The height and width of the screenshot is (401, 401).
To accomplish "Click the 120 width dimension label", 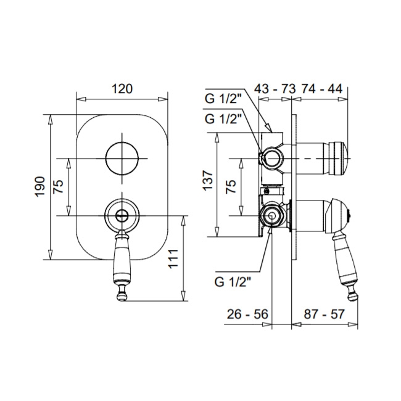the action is click(122, 89).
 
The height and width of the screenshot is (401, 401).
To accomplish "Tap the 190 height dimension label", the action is click(40, 186).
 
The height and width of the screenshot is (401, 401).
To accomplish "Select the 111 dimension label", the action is click(173, 258).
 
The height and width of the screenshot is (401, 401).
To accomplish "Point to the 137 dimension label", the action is click(208, 181).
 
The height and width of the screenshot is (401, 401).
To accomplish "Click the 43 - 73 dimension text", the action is click(275, 89).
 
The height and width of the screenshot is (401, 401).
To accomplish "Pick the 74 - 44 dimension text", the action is click(321, 89).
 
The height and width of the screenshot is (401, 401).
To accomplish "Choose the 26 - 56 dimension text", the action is click(247, 314).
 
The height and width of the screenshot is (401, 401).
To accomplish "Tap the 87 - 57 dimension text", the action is click(325, 314).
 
